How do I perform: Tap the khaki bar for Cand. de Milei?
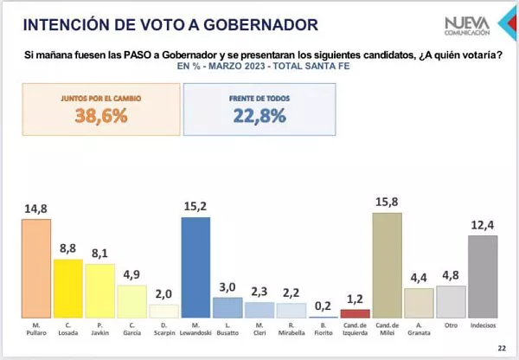[x=387, y=266]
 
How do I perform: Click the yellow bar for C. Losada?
[x=67, y=288]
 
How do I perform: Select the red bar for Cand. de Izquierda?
[x=355, y=313]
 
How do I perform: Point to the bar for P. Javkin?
[x=99, y=291]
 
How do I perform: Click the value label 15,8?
[x=387, y=202]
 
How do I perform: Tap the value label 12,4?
[x=482, y=225]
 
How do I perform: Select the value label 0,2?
[x=323, y=305]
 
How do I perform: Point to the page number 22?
[x=502, y=349]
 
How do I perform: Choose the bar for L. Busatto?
[x=227, y=307]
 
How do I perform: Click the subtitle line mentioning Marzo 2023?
[x=259, y=66]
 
